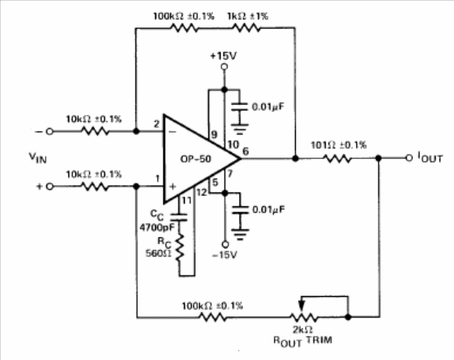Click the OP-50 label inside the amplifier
[x=195, y=159]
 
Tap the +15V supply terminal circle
[x=224, y=67]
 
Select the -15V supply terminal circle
[x=225, y=244]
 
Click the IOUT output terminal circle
[x=409, y=158]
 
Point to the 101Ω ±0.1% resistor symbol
[x=337, y=158]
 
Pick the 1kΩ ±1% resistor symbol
[x=246, y=28]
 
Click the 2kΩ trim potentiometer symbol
[x=303, y=317]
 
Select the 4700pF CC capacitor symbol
[x=179, y=218]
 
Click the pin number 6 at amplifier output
[x=245, y=151]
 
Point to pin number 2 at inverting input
[x=157, y=124]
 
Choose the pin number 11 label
[x=187, y=200]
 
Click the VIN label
[x=37, y=158]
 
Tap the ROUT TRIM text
[x=303, y=341]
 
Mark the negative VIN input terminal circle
[x=49, y=132]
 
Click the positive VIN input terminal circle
[x=49, y=186]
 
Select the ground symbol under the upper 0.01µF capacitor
[x=240, y=129]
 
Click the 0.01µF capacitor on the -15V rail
[x=240, y=210]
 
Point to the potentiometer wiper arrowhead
[x=302, y=305]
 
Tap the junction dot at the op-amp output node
[x=295, y=158]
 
